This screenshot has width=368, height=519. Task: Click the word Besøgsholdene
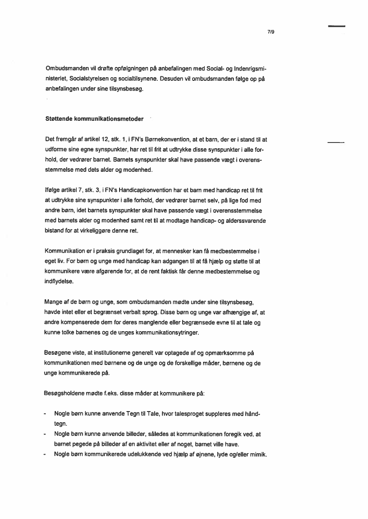click(66, 393)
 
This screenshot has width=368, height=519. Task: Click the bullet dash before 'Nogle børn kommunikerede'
click(46, 455)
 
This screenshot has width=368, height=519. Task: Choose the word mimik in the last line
click(258, 455)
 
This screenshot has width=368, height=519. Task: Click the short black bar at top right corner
click(336, 27)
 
